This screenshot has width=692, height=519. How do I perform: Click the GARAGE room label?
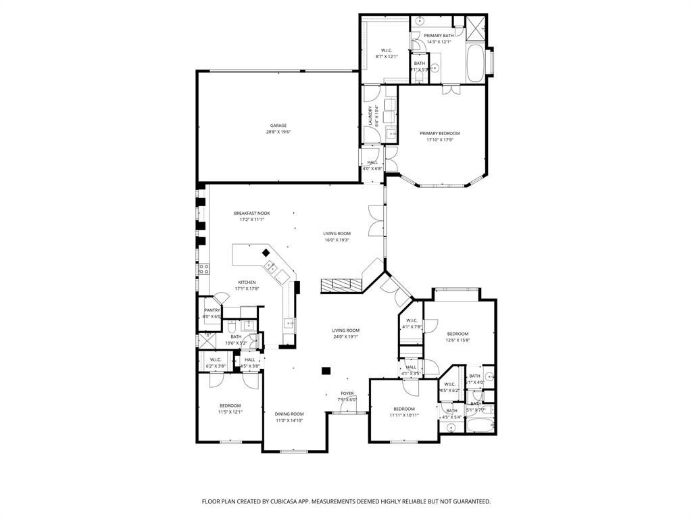(278, 125)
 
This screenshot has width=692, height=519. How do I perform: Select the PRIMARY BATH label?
(439, 35)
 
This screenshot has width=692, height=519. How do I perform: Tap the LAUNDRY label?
(370, 116)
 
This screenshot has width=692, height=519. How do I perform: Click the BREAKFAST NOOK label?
(251, 213)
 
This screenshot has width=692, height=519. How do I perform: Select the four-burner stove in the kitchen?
(202, 270)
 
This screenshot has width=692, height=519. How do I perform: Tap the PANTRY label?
(212, 310)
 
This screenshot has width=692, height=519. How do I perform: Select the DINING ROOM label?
(289, 414)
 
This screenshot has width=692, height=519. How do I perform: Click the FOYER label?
(347, 393)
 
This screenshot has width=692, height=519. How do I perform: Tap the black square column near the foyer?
(326, 370)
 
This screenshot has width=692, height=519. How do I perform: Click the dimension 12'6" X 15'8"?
(458, 340)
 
